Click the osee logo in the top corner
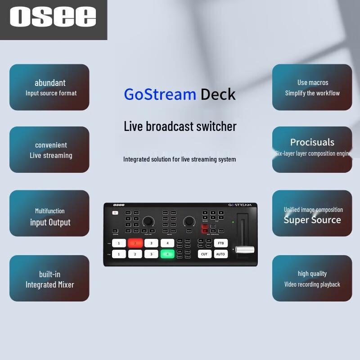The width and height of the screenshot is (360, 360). tap(53, 18)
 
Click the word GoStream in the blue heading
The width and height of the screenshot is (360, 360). tap(160, 94)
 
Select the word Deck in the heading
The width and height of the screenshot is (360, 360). tap(218, 94)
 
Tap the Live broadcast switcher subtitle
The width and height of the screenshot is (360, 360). tap(180, 126)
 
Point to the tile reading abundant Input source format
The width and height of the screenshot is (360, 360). tap(49, 87)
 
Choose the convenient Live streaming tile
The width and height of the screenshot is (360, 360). tap(49, 150)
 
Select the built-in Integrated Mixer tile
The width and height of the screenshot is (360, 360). tap(49, 279)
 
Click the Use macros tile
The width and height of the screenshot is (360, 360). tap(312, 87)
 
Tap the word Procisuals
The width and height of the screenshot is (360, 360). tap(312, 142)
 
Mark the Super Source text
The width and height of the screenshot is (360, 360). tap(312, 220)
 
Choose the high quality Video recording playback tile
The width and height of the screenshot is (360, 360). tap(312, 279)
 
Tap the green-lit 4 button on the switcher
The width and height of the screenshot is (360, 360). tap(167, 254)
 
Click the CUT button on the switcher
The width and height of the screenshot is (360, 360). tap(204, 254)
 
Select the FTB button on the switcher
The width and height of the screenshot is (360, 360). tap(220, 243)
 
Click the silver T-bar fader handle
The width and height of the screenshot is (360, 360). tap(245, 249)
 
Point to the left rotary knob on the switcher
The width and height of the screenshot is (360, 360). tap(148, 221)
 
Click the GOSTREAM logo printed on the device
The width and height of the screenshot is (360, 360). tap(239, 205)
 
